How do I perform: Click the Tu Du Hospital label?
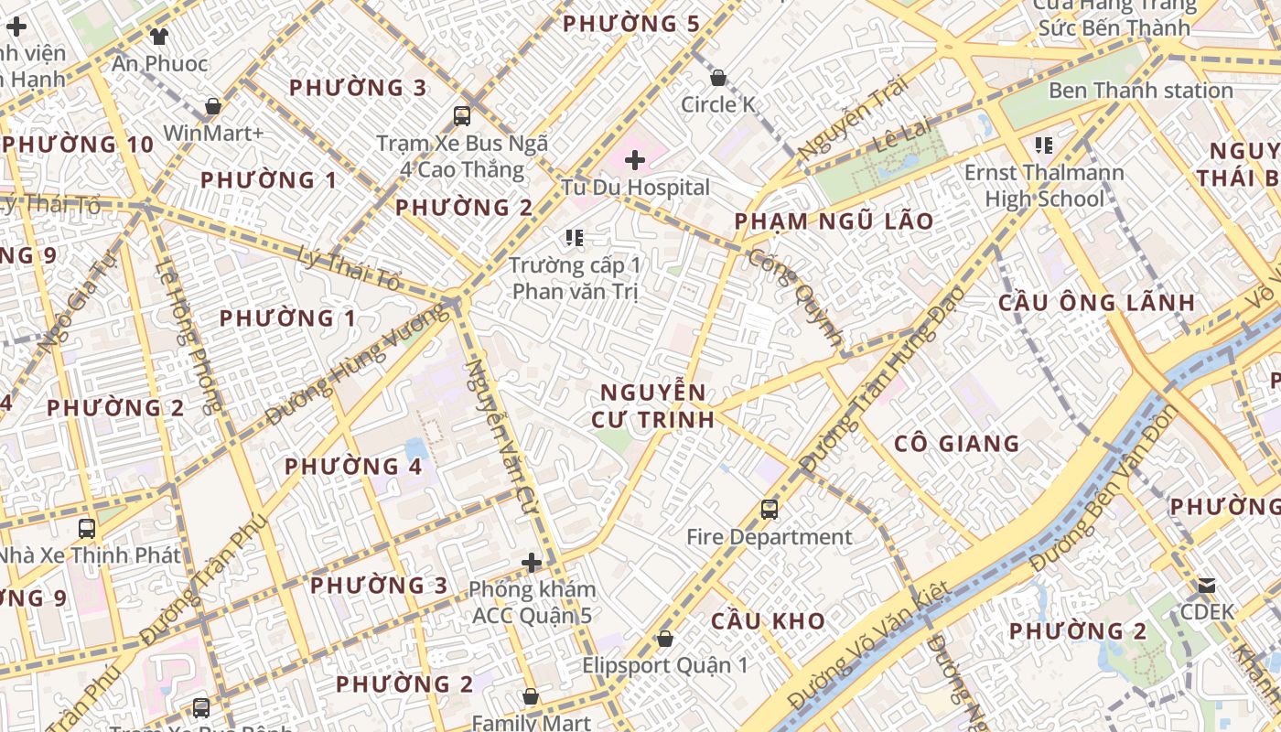635,188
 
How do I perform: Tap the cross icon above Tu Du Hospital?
635,161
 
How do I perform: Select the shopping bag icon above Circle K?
718,78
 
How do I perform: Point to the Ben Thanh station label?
1140,91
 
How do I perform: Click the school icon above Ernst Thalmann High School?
1043,145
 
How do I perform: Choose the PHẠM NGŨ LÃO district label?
834,221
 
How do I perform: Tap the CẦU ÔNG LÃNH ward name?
1096,302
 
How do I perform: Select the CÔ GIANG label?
956,444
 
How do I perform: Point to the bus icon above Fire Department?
770,509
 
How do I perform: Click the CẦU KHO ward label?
768,620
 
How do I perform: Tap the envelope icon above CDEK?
1207,586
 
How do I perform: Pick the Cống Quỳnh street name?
794,297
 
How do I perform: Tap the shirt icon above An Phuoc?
160,37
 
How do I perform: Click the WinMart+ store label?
213,134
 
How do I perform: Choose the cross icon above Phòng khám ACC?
532,562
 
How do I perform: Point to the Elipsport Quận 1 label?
664,665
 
